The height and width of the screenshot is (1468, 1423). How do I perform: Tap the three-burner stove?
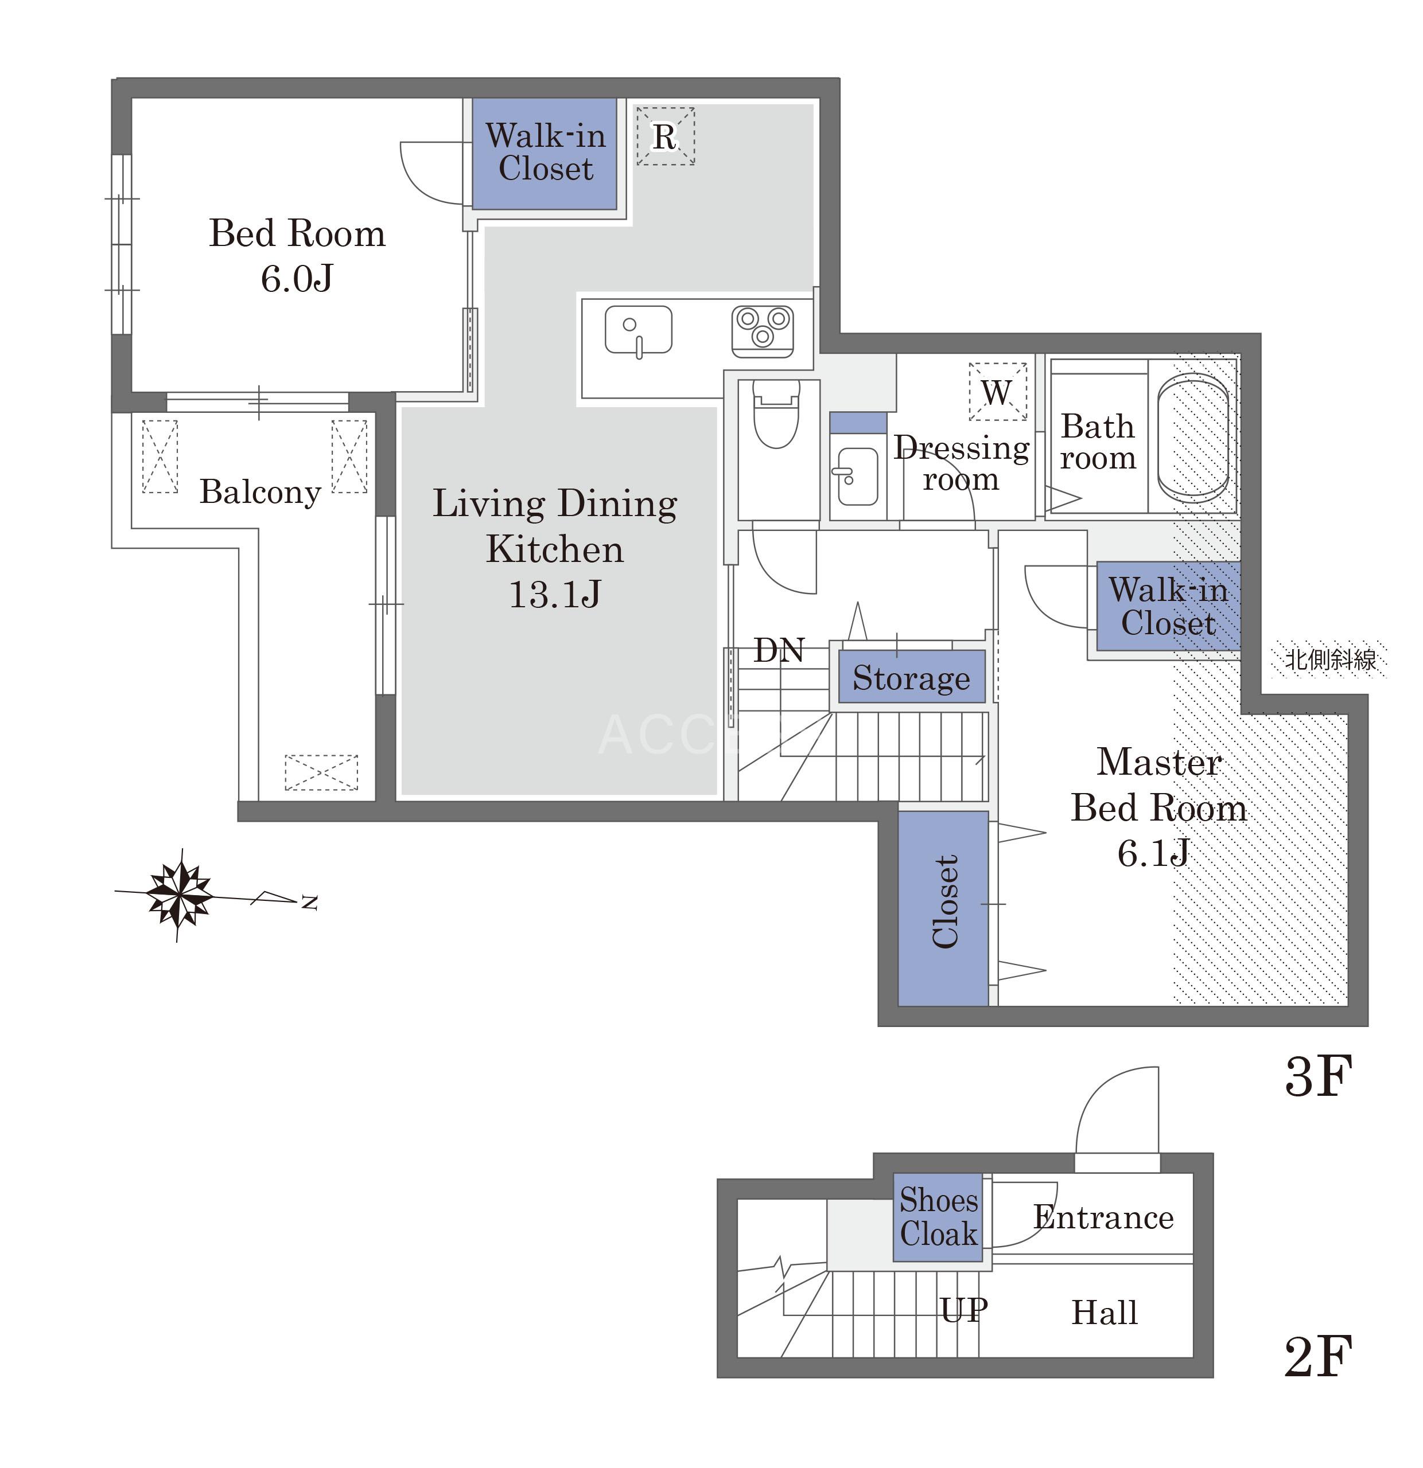coord(762,330)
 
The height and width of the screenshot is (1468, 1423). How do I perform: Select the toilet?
coord(776,413)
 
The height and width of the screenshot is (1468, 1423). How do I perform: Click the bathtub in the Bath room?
coord(1192,438)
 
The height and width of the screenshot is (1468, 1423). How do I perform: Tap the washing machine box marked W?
coord(997,392)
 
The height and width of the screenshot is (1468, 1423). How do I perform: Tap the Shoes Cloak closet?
coord(938,1217)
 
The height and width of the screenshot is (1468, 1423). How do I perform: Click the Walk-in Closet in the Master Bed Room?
coord(1168,605)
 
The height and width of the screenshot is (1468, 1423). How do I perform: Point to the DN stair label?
coord(779,650)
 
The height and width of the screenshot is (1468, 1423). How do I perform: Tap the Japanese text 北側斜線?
coord(1331,659)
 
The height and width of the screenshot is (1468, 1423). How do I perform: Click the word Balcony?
coord(260,492)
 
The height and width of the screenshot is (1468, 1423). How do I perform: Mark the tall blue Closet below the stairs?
coord(943,908)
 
